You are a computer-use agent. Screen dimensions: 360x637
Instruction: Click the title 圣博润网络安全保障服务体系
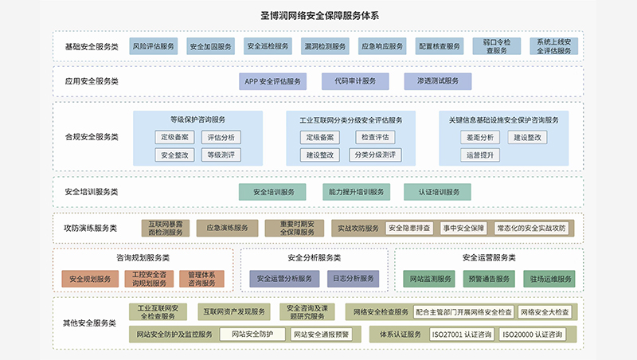[318, 14]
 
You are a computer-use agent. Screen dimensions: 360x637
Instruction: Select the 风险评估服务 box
[153, 46]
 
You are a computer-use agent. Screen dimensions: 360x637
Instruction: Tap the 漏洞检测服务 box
[325, 46]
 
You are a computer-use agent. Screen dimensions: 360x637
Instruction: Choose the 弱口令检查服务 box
[497, 46]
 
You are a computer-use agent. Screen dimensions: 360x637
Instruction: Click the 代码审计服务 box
[354, 81]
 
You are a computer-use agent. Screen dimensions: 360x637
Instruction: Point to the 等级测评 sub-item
[220, 155]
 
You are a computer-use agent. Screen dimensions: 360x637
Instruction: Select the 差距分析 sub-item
[480, 137]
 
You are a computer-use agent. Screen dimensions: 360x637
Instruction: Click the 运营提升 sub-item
[480, 155]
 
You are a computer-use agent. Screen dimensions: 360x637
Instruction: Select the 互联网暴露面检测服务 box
[164, 228]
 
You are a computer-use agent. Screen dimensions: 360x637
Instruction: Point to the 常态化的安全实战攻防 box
[531, 228]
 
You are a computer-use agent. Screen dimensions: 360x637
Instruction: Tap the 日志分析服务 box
[353, 280]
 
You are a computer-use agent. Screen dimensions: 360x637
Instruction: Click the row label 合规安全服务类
[92, 137]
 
